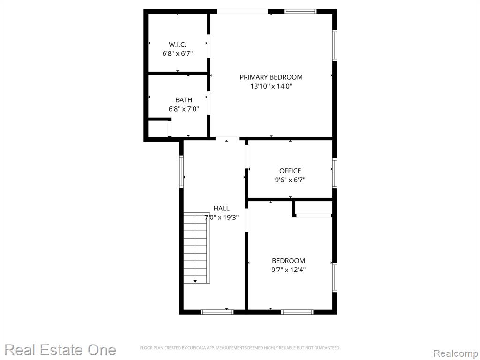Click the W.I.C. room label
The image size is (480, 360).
pyautogui.click(x=178, y=45)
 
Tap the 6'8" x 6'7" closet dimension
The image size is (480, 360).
pyautogui.click(x=178, y=54)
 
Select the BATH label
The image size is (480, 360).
pyautogui.click(x=184, y=100)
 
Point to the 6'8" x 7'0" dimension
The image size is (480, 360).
pyautogui.click(x=184, y=109)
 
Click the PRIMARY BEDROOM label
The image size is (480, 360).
pyautogui.click(x=271, y=77)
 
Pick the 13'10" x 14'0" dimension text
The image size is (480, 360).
pyautogui.click(x=271, y=86)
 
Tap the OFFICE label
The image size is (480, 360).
pyautogui.click(x=290, y=171)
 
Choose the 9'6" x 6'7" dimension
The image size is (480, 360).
pyautogui.click(x=290, y=180)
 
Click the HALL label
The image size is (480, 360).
pyautogui.click(x=222, y=209)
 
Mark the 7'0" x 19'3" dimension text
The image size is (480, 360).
pyautogui.click(x=222, y=217)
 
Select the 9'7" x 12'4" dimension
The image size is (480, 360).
pyautogui.click(x=289, y=270)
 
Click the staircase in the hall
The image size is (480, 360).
pyautogui.click(x=196, y=248)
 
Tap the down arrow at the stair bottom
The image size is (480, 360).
pyautogui.click(x=195, y=281)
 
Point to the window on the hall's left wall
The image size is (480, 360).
pyautogui.click(x=181, y=172)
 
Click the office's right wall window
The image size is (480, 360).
pyautogui.click(x=335, y=173)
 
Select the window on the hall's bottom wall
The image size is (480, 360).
pyautogui.click(x=217, y=312)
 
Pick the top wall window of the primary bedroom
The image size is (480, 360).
pyautogui.click(x=300, y=12)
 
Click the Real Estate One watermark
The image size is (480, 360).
pyautogui.click(x=60, y=350)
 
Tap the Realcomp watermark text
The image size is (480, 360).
pyautogui.click(x=456, y=353)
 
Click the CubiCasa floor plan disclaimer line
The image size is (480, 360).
pyautogui.click(x=240, y=348)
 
